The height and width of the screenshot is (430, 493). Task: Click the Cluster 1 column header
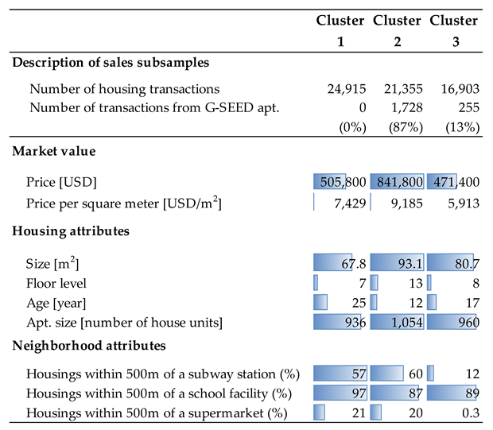click(340, 30)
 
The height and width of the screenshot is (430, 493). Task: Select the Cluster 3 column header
click(454, 30)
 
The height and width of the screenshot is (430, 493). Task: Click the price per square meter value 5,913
click(462, 204)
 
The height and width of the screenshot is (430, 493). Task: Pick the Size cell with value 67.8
click(340, 262)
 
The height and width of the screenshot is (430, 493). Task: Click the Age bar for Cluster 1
click(320, 303)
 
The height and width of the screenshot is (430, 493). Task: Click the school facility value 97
click(340, 393)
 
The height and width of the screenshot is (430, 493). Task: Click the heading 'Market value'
click(52, 150)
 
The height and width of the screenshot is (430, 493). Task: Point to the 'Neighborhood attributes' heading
click(88, 346)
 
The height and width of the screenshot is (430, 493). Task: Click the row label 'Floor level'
click(56, 283)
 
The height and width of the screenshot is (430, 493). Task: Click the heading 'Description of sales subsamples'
click(111, 62)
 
